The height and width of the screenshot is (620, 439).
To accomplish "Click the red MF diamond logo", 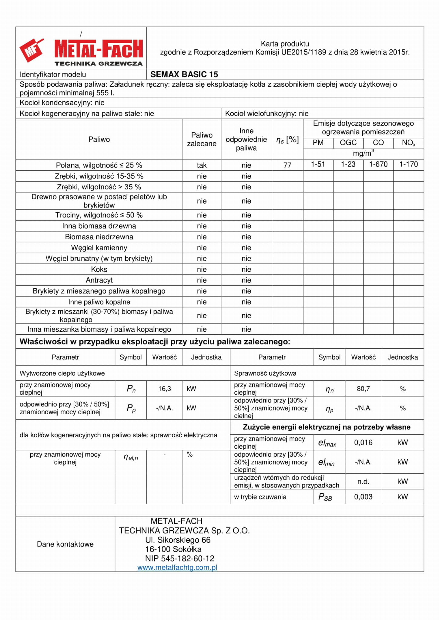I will pos(31,50).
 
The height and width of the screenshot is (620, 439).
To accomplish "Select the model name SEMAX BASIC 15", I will pos(184,74).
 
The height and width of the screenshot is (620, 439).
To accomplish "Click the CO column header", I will pos(378,143).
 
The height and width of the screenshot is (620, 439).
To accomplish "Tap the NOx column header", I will pos(408,143).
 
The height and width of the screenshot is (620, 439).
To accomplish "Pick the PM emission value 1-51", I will pos(318,164).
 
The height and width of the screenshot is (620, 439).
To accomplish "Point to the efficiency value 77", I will pos(287,165).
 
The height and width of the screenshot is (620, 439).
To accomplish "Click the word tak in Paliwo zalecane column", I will pos(202,165).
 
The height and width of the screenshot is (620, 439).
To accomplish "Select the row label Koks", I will pos(99,269).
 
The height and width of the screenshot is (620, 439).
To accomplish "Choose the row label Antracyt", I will pos(99,280).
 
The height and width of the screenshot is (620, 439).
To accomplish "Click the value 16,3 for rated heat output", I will pos(164,389).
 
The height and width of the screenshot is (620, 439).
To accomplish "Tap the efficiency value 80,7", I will pos(363,389).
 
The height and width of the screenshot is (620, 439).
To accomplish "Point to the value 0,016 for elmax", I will pos(363,443).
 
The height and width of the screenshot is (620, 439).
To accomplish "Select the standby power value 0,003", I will pos(363,497).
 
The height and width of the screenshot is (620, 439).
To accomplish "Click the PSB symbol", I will pos(325,497).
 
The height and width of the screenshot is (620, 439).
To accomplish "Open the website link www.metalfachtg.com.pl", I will pos(177,567).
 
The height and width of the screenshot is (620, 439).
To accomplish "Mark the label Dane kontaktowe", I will pos(65,544).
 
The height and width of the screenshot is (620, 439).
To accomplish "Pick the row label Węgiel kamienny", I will pos(99,247).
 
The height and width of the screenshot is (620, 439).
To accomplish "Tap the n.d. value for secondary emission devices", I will pos(363,481).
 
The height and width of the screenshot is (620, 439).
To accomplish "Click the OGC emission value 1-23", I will pos(348,164).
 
